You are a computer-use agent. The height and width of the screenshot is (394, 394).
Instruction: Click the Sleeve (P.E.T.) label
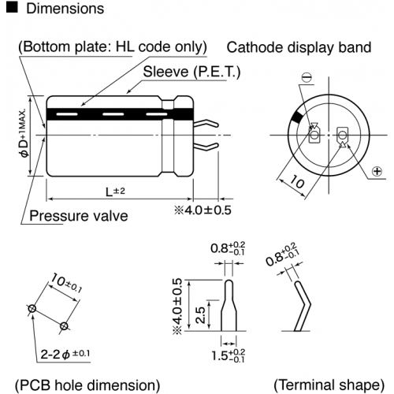(191, 72)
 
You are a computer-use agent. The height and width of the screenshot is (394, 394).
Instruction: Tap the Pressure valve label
(79, 216)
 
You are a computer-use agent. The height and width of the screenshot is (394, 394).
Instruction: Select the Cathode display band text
(299, 47)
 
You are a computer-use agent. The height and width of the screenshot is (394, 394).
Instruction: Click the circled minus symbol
(307, 78)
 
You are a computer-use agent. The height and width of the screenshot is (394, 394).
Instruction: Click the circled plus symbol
(377, 172)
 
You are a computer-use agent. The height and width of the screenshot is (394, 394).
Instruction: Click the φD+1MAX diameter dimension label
(24, 132)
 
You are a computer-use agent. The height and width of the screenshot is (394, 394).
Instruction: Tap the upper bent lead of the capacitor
(206, 124)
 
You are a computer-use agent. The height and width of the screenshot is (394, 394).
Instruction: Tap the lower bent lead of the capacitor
(206, 147)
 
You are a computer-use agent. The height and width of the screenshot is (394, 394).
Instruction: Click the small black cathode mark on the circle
(297, 117)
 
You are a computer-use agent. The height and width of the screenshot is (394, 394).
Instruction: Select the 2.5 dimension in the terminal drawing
(200, 315)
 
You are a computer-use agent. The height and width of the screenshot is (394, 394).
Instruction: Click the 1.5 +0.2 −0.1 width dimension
(229, 355)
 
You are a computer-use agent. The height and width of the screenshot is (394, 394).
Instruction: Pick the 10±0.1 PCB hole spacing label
(66, 283)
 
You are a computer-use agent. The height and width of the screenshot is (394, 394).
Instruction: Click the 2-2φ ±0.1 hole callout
(65, 354)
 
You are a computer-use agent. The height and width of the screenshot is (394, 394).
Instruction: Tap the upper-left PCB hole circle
(32, 308)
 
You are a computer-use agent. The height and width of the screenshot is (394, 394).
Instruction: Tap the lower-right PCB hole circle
(64, 326)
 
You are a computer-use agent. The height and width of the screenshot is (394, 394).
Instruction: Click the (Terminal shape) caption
(329, 385)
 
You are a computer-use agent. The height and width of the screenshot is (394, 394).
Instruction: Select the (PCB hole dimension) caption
(87, 385)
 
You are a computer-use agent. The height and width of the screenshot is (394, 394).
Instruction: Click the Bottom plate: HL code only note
(113, 47)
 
